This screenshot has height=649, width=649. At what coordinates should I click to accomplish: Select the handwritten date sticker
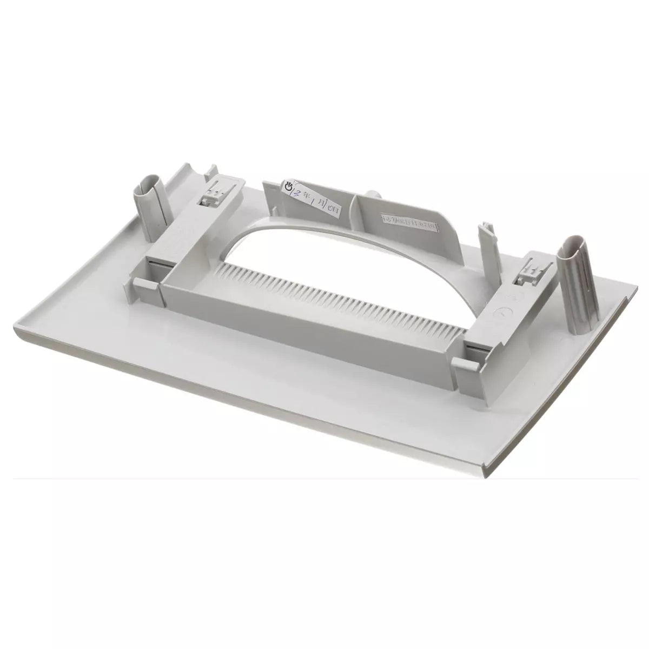(312, 198)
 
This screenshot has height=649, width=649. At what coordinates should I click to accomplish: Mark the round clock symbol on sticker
(289, 187)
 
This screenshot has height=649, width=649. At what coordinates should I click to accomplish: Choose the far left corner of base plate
(178, 165)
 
